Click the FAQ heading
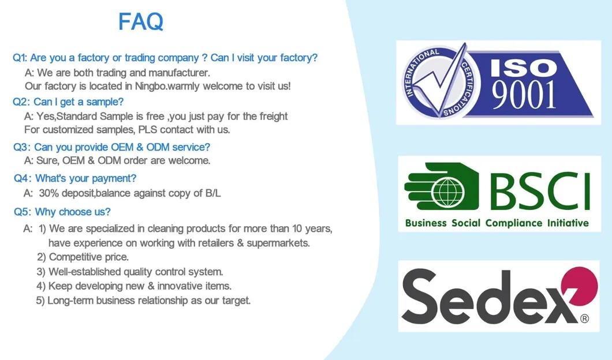pos(141,22)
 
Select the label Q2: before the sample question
pos(21,102)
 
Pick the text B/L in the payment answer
pos(213,193)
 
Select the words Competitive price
pos(88,257)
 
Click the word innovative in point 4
pos(175,286)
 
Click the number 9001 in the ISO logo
pos(524,96)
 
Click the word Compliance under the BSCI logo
pos(514,223)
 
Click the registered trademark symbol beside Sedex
pos(584,318)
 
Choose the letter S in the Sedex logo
pos(421,297)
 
